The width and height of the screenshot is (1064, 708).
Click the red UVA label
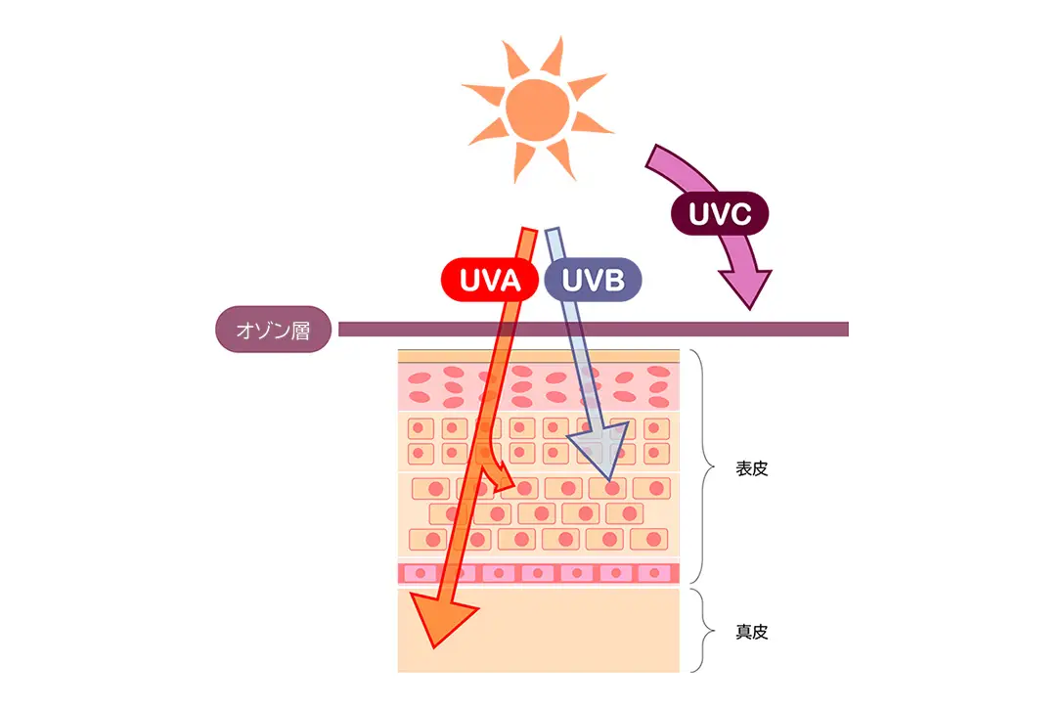point(489,281)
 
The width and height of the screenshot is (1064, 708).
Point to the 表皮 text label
point(752,468)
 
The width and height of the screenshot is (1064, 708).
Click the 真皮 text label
point(752,632)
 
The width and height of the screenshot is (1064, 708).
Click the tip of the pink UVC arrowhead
point(750,305)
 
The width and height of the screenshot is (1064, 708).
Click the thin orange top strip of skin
point(538,357)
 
